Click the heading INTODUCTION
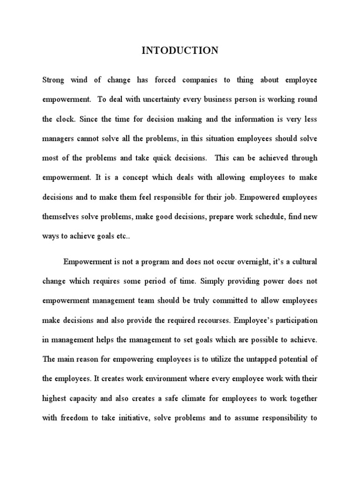(180, 51)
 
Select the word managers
(58, 139)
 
